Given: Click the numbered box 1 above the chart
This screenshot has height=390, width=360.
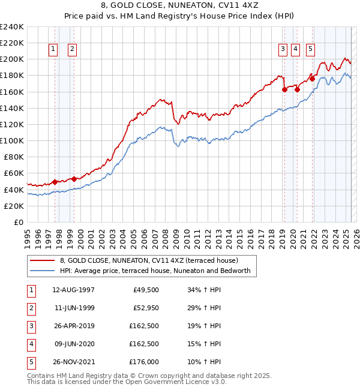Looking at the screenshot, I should [x=53, y=50].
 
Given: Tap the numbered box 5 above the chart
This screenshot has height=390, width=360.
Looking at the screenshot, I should [x=310, y=50].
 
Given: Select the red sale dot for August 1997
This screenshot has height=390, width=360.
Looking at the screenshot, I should [x=55, y=182].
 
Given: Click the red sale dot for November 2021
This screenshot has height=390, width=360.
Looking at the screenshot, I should [x=312, y=79].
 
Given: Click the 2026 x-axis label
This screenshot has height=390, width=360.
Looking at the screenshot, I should [x=353, y=236].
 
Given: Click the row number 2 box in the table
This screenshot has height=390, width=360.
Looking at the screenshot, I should [x=31, y=309].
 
